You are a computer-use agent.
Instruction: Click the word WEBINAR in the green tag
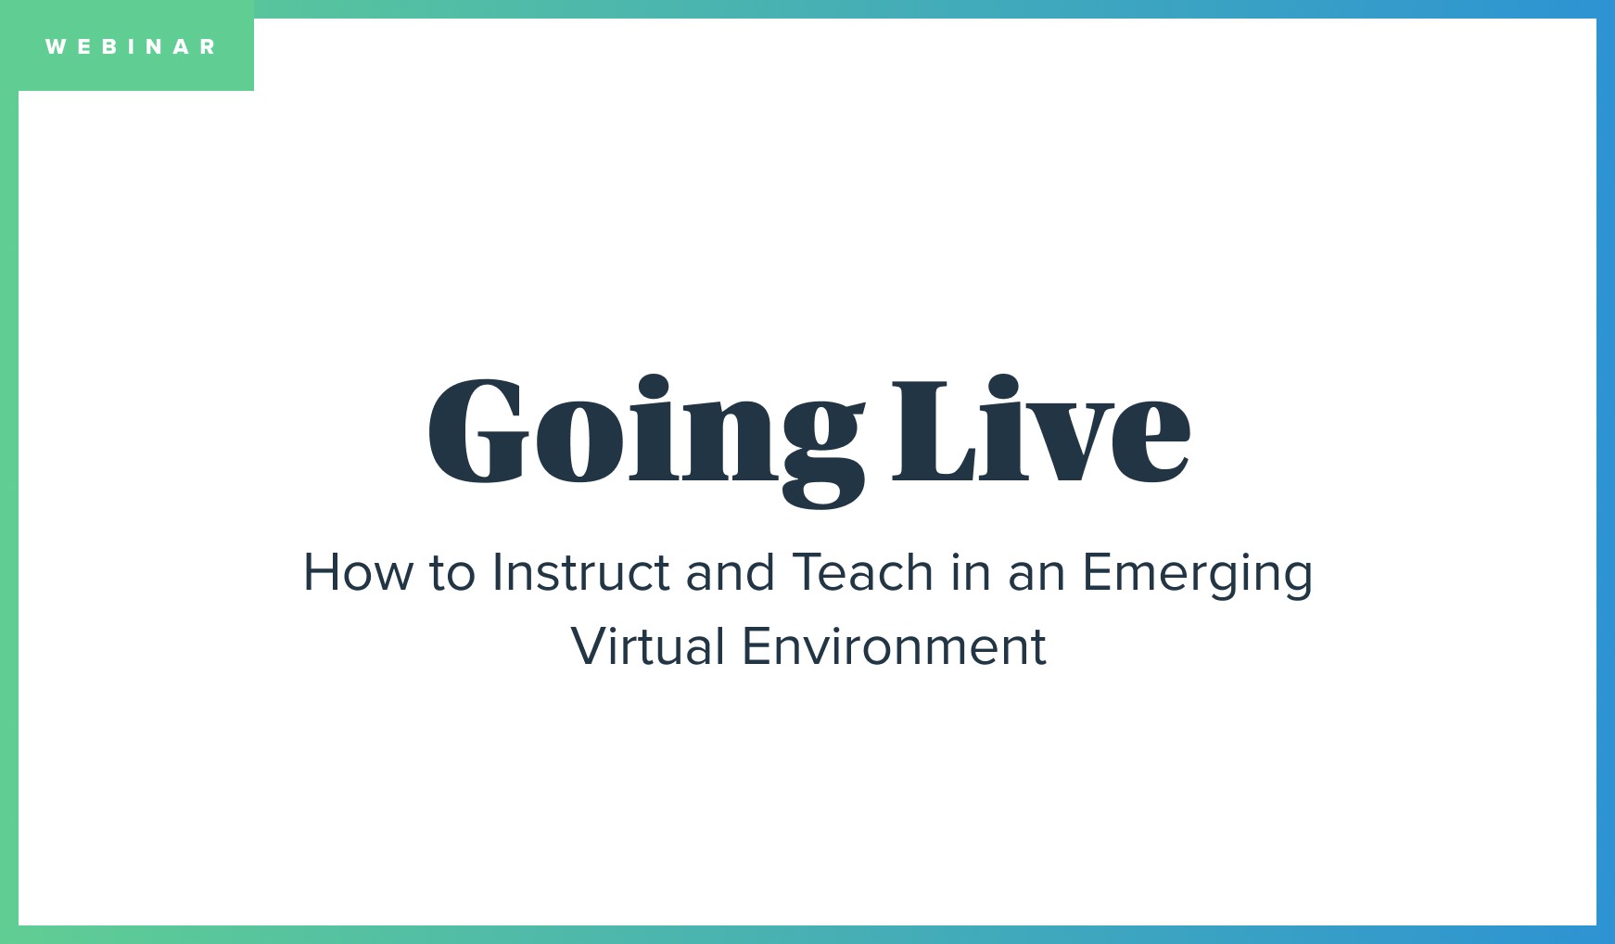[x=131, y=46]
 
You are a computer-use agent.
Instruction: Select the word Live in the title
[x=1040, y=431]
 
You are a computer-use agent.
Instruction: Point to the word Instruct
[x=580, y=572]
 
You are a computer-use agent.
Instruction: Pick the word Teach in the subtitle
[x=862, y=572]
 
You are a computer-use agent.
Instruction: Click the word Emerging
[x=1197, y=574]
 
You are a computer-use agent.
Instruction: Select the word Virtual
[x=647, y=646]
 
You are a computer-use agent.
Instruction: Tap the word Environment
[x=894, y=646]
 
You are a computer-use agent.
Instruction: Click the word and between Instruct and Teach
[x=730, y=572]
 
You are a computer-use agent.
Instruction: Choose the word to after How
[x=451, y=572]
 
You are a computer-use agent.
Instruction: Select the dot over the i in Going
[x=653, y=386]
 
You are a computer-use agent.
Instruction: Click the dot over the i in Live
[x=1004, y=386]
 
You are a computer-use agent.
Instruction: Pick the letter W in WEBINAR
[x=55, y=46]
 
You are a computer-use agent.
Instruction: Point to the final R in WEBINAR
[x=208, y=46]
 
